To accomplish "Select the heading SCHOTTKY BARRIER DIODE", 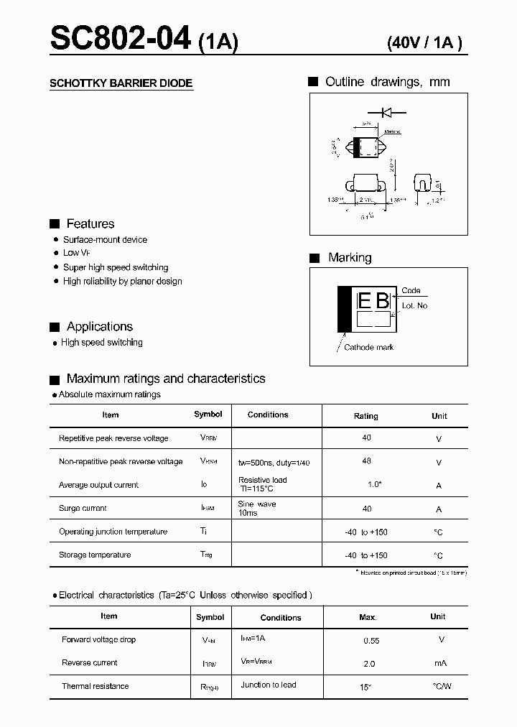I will tap(121, 83).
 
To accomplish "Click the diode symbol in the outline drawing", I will tap(381, 112).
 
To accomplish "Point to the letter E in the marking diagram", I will tap(364, 300).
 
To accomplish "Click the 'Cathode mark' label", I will tap(369, 348).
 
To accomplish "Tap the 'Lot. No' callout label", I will tap(414, 305).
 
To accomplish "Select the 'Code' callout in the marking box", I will tap(411, 291).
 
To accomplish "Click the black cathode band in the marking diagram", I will tap(345, 310).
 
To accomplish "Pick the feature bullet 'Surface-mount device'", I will tap(105, 240).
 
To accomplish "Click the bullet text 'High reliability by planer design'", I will tap(122, 282).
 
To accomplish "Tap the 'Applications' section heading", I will tap(100, 327).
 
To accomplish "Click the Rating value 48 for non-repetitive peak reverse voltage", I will tap(367, 461).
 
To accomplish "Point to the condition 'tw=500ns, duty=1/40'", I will tap(274, 463).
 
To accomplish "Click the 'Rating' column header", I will tap(366, 416).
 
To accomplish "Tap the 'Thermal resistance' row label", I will tap(95, 687).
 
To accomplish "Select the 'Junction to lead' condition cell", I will tap(269, 685).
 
